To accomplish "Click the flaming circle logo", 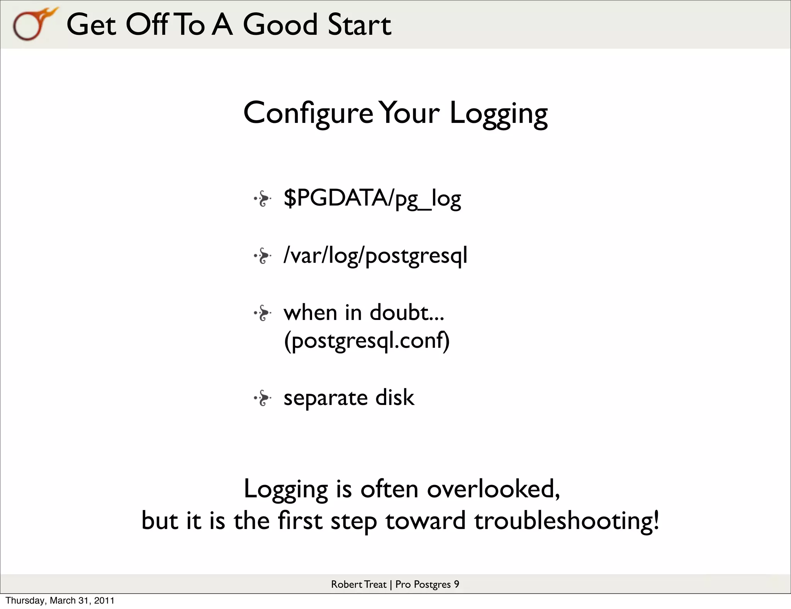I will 33,24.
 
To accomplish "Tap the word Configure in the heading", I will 308,113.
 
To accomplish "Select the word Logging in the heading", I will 498,113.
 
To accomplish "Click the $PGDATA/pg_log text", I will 372,199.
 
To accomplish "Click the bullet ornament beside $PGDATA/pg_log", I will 263,199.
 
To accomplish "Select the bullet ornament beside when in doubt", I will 263,313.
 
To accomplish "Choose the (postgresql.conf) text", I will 367,341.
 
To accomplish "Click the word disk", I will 395,398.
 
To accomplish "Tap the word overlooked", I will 493,489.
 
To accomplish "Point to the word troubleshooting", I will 566,521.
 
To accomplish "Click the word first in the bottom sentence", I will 300,521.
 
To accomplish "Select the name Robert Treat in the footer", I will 358,584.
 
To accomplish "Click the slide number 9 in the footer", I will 456,584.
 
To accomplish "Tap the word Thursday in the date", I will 26,600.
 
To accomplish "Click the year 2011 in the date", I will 104,600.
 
